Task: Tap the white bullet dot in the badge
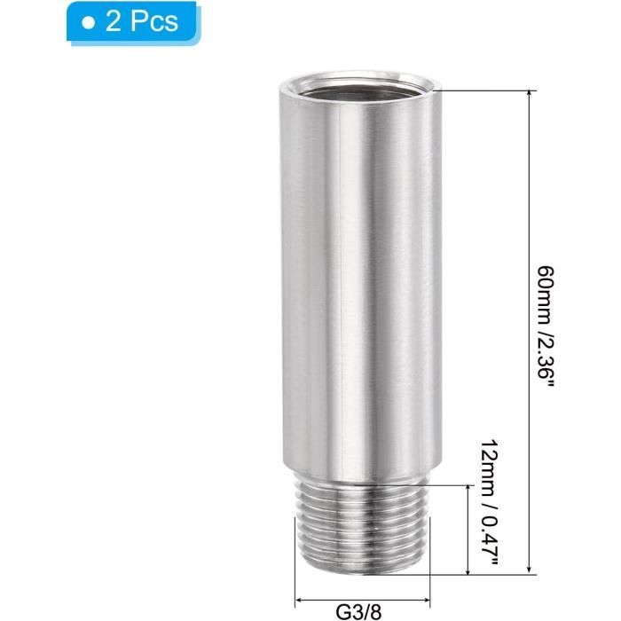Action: click(88, 22)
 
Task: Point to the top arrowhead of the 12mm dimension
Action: click(468, 490)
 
